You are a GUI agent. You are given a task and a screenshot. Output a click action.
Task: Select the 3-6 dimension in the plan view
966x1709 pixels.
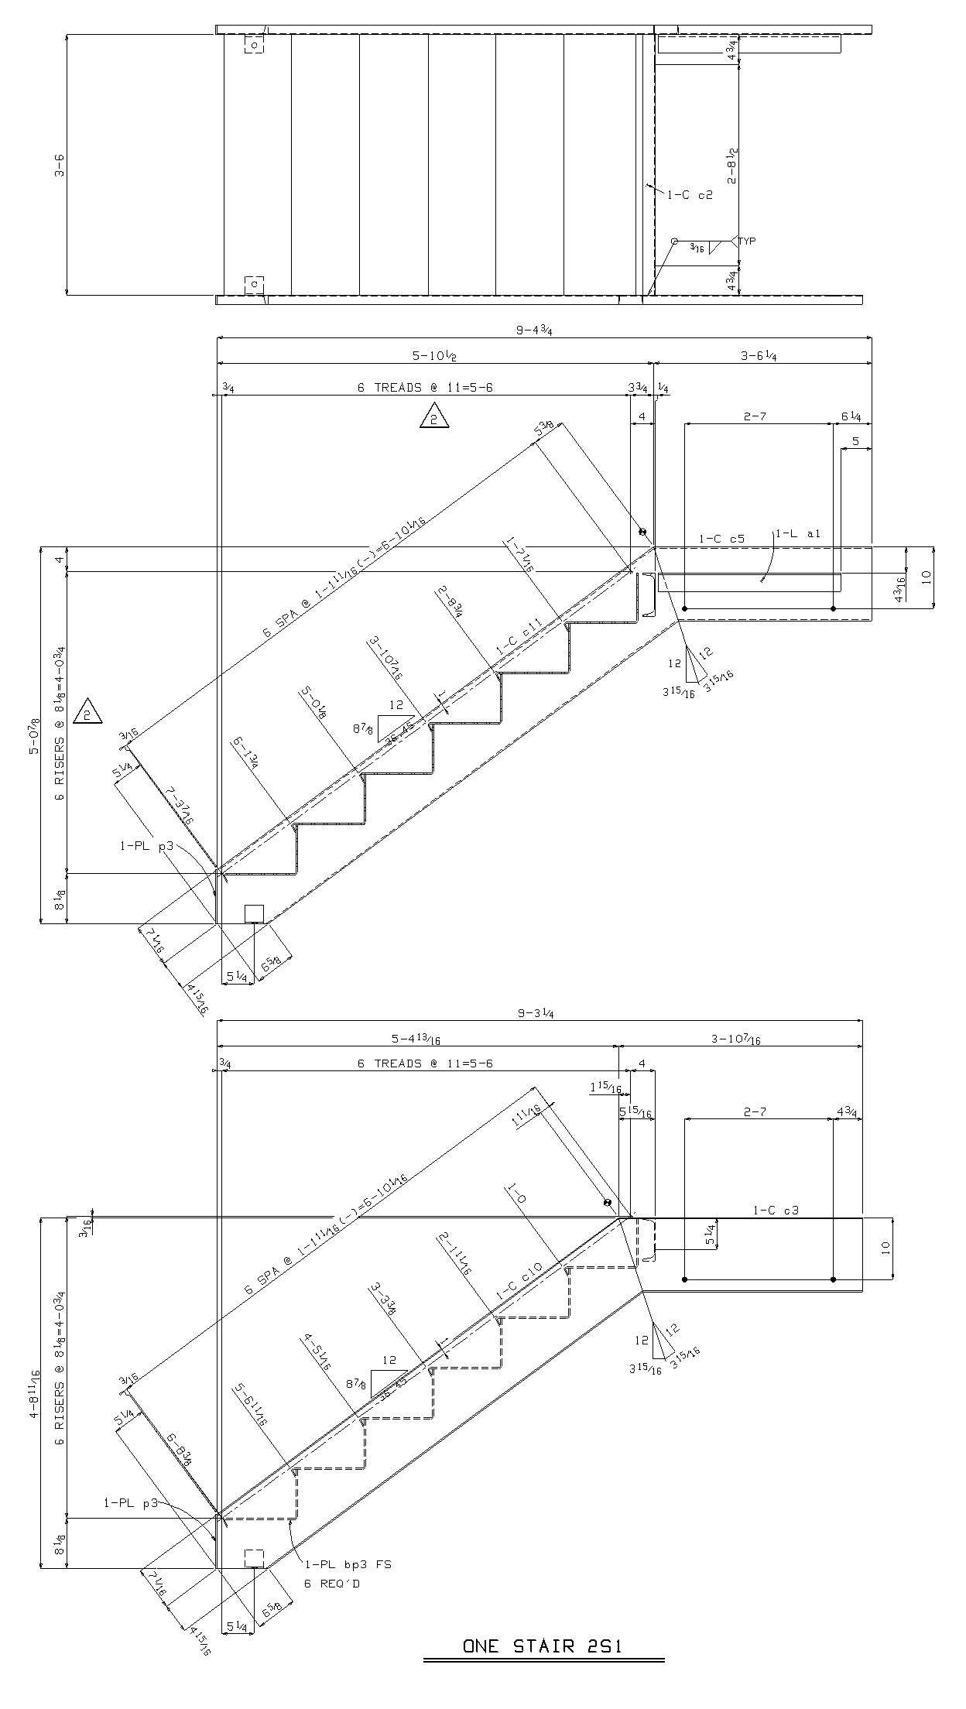[x=60, y=165]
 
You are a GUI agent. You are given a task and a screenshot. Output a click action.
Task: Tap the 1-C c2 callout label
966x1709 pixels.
[x=690, y=196]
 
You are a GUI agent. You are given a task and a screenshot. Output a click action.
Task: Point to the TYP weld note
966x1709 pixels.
[x=746, y=241]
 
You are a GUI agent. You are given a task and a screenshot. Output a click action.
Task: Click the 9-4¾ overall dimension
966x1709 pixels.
[x=533, y=330]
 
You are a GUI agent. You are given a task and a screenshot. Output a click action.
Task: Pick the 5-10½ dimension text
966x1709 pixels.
[x=434, y=355]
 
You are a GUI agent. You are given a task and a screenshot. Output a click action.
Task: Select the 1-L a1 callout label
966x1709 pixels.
[x=798, y=533]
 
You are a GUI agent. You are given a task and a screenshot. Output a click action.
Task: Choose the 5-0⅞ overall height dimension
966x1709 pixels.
[x=35, y=736]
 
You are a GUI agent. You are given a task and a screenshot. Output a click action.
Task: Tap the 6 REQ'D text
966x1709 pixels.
[x=331, y=1584]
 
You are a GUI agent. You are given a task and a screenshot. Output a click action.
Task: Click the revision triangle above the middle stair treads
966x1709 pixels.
[x=434, y=417]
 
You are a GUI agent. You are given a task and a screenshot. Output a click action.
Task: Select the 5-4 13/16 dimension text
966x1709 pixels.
[x=416, y=1039]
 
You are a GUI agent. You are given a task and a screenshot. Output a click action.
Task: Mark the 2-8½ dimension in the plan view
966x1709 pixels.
[x=731, y=166]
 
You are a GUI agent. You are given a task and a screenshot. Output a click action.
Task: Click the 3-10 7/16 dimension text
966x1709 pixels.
[x=735, y=1039]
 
